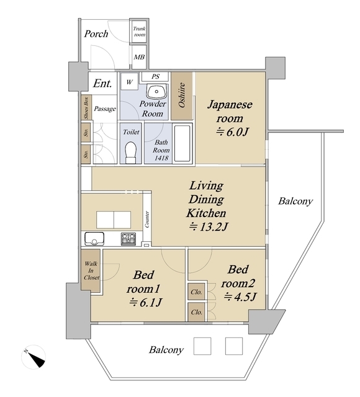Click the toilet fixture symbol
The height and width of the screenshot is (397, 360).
[131, 153]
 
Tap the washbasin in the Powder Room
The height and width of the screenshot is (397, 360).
[157, 91]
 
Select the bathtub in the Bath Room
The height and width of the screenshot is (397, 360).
[182, 143]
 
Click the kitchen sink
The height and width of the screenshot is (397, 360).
[94, 239]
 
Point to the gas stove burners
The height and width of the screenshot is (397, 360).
[128, 239]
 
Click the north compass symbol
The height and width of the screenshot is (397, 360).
[34, 357]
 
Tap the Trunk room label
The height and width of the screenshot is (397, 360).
[139, 32]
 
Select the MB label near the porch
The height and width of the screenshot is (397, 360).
[139, 57]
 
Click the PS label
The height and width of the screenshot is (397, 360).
[156, 76]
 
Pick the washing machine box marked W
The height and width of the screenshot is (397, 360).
[130, 81]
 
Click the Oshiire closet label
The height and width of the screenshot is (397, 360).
[182, 95]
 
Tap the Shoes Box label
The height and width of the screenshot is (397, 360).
[87, 107]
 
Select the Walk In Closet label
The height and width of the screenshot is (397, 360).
[91, 270]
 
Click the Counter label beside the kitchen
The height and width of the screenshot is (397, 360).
[147, 219]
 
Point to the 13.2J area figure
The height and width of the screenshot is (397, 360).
[209, 227]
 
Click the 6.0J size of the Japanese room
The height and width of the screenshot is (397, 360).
[232, 132]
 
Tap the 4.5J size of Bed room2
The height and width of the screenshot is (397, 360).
[240, 297]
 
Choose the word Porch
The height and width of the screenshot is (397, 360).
[96, 34]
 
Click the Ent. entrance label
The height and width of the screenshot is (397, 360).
[102, 83]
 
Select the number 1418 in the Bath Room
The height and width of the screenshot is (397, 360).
[161, 158]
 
